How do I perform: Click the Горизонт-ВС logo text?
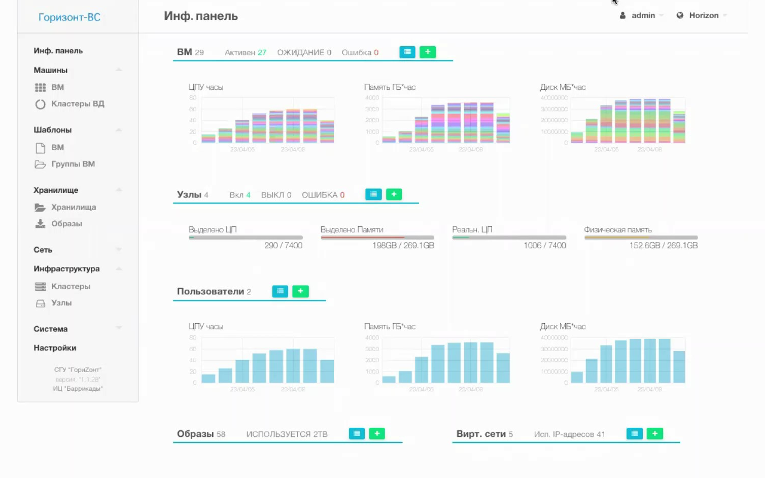(69, 17)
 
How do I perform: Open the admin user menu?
(642, 16)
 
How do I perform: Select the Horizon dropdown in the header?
(703, 16)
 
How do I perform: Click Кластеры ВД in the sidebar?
(77, 104)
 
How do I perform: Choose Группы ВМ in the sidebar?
(73, 164)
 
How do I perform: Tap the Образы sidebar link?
(66, 224)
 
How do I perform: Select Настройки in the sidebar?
(55, 348)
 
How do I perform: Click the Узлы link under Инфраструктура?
(61, 303)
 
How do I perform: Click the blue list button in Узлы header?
(373, 194)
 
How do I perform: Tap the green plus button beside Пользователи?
(300, 291)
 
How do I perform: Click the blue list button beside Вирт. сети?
(635, 434)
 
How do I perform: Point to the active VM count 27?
(262, 53)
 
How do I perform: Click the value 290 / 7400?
(283, 246)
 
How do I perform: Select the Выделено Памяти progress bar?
(377, 237)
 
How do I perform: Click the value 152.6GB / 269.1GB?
(663, 246)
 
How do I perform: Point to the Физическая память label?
(617, 230)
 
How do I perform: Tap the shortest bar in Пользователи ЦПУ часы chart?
(208, 379)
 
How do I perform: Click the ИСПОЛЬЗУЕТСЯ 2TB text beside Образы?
(287, 434)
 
